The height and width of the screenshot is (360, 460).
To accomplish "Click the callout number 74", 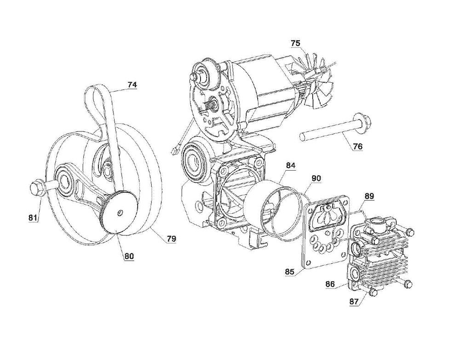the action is (x=132, y=85).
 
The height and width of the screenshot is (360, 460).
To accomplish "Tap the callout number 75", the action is (x=296, y=43).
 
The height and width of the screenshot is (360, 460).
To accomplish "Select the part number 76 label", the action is (x=357, y=146).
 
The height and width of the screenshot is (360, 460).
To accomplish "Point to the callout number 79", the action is (x=172, y=239).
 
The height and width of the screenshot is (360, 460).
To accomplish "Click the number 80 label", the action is (x=129, y=256).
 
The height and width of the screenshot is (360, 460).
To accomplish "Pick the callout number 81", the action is (x=33, y=218).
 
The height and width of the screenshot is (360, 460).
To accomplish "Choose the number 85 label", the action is (x=289, y=272).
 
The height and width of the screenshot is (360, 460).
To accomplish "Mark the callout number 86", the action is (x=330, y=284).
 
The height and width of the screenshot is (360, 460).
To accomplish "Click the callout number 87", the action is (x=354, y=302).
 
